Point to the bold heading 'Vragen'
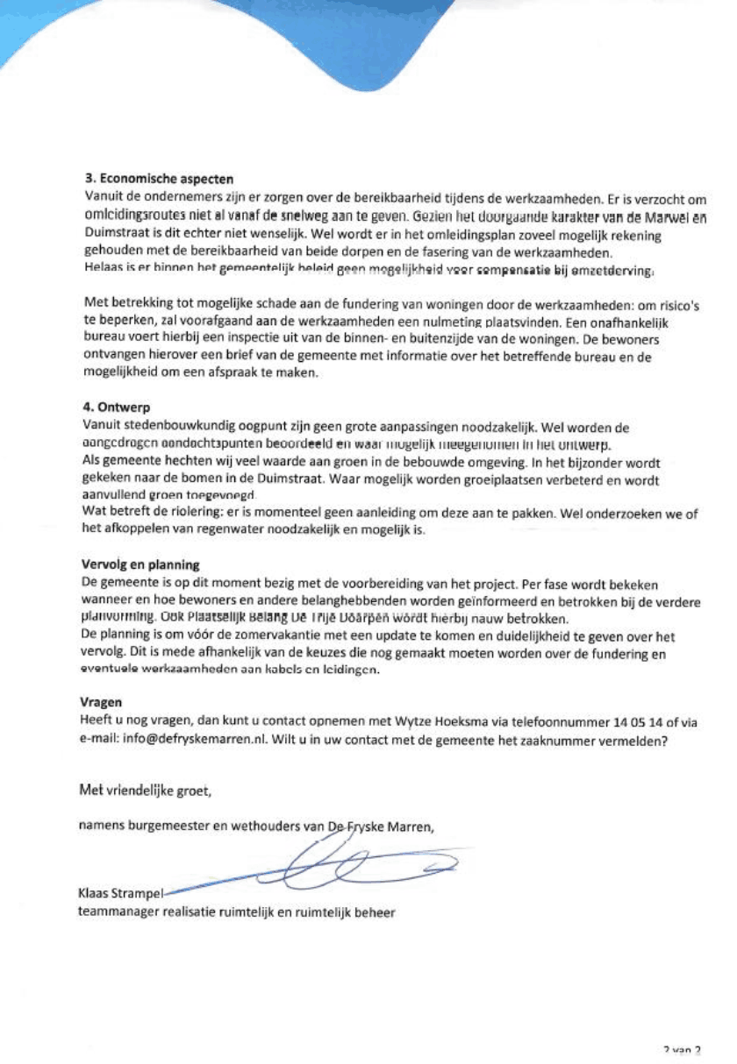pyautogui.click(x=100, y=702)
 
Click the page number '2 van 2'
pyautogui.click(x=683, y=1049)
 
